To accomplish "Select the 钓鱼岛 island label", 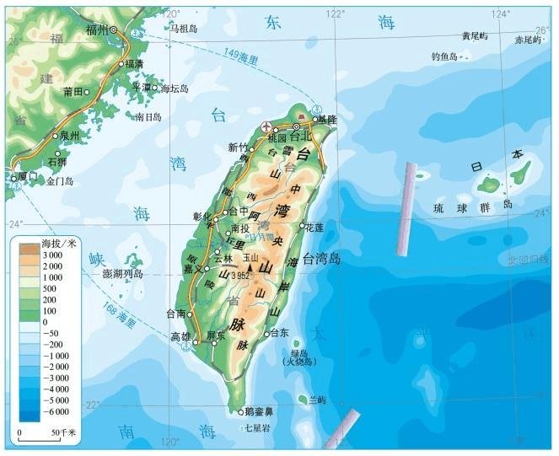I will (443, 56).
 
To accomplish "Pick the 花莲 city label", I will (314, 227).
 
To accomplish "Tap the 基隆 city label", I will (326, 121).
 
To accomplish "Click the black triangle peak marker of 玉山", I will (250, 266).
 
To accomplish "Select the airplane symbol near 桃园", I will (266, 126).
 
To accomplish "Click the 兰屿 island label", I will (317, 399).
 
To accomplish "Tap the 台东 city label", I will (280, 333).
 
